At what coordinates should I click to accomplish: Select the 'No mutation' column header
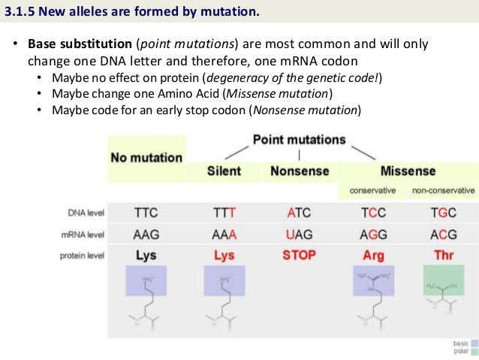(146, 158)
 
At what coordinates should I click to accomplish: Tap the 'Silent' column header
(224, 171)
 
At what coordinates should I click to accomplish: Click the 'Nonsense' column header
(299, 171)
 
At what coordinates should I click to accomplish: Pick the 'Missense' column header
(408, 171)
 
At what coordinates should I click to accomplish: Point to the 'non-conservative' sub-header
(443, 191)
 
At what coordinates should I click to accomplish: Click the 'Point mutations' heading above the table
(299, 140)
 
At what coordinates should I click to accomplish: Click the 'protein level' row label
(82, 256)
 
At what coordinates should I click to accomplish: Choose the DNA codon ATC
(299, 213)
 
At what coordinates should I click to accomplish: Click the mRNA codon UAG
(299, 234)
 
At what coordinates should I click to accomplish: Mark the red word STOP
(299, 255)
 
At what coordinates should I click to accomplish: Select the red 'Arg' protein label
(373, 256)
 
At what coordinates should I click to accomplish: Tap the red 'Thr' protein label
(444, 256)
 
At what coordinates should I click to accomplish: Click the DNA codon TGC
(444, 213)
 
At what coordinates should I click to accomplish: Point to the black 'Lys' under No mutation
(146, 256)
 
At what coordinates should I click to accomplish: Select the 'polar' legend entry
(460, 351)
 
